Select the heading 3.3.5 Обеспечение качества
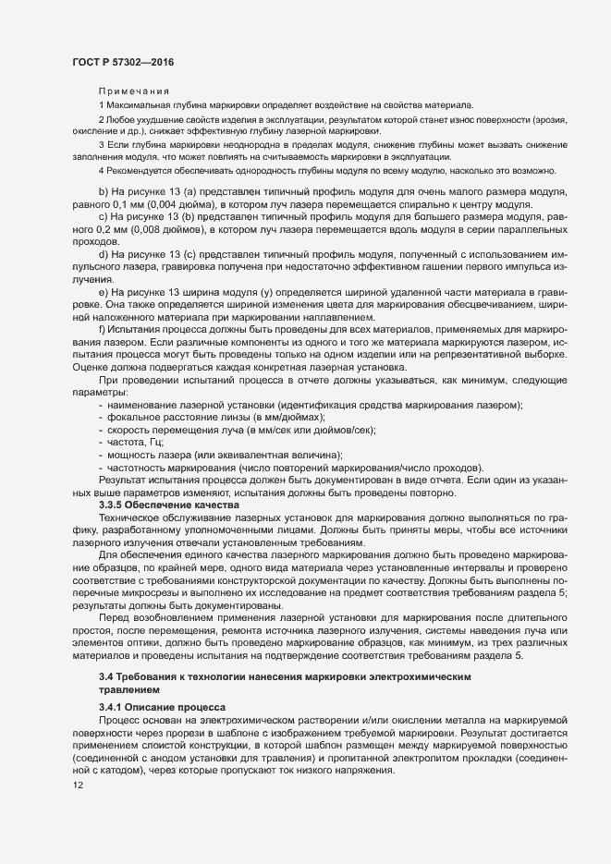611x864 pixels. coord(162,505)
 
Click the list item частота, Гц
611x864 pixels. coord(136,444)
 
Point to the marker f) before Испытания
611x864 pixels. coord(103,355)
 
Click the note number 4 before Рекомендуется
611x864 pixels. coord(101,172)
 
